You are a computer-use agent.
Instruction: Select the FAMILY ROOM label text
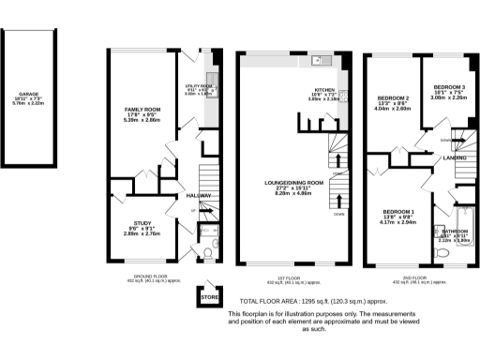143,110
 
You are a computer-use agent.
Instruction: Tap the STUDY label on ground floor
137,223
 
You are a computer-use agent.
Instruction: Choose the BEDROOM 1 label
399,212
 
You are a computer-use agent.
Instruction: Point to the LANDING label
456,159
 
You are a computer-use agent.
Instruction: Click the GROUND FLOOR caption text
142,277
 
